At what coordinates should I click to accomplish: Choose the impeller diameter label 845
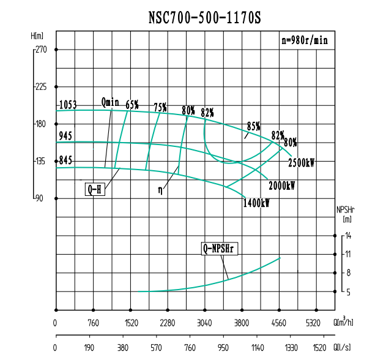point(65,160)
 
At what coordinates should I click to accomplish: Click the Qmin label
point(110,102)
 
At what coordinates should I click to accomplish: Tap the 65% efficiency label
point(132,104)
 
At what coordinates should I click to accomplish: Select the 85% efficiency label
point(253,126)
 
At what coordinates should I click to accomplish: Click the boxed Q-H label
point(95,190)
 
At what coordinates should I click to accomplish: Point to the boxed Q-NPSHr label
point(220,249)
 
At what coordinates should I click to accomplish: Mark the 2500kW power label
point(301,163)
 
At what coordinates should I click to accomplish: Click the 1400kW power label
point(256,203)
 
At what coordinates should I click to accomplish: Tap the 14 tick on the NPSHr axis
point(347,236)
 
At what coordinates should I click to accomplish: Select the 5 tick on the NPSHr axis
point(347,292)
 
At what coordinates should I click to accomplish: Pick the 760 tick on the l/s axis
point(190,347)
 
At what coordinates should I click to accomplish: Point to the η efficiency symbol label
point(160,190)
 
